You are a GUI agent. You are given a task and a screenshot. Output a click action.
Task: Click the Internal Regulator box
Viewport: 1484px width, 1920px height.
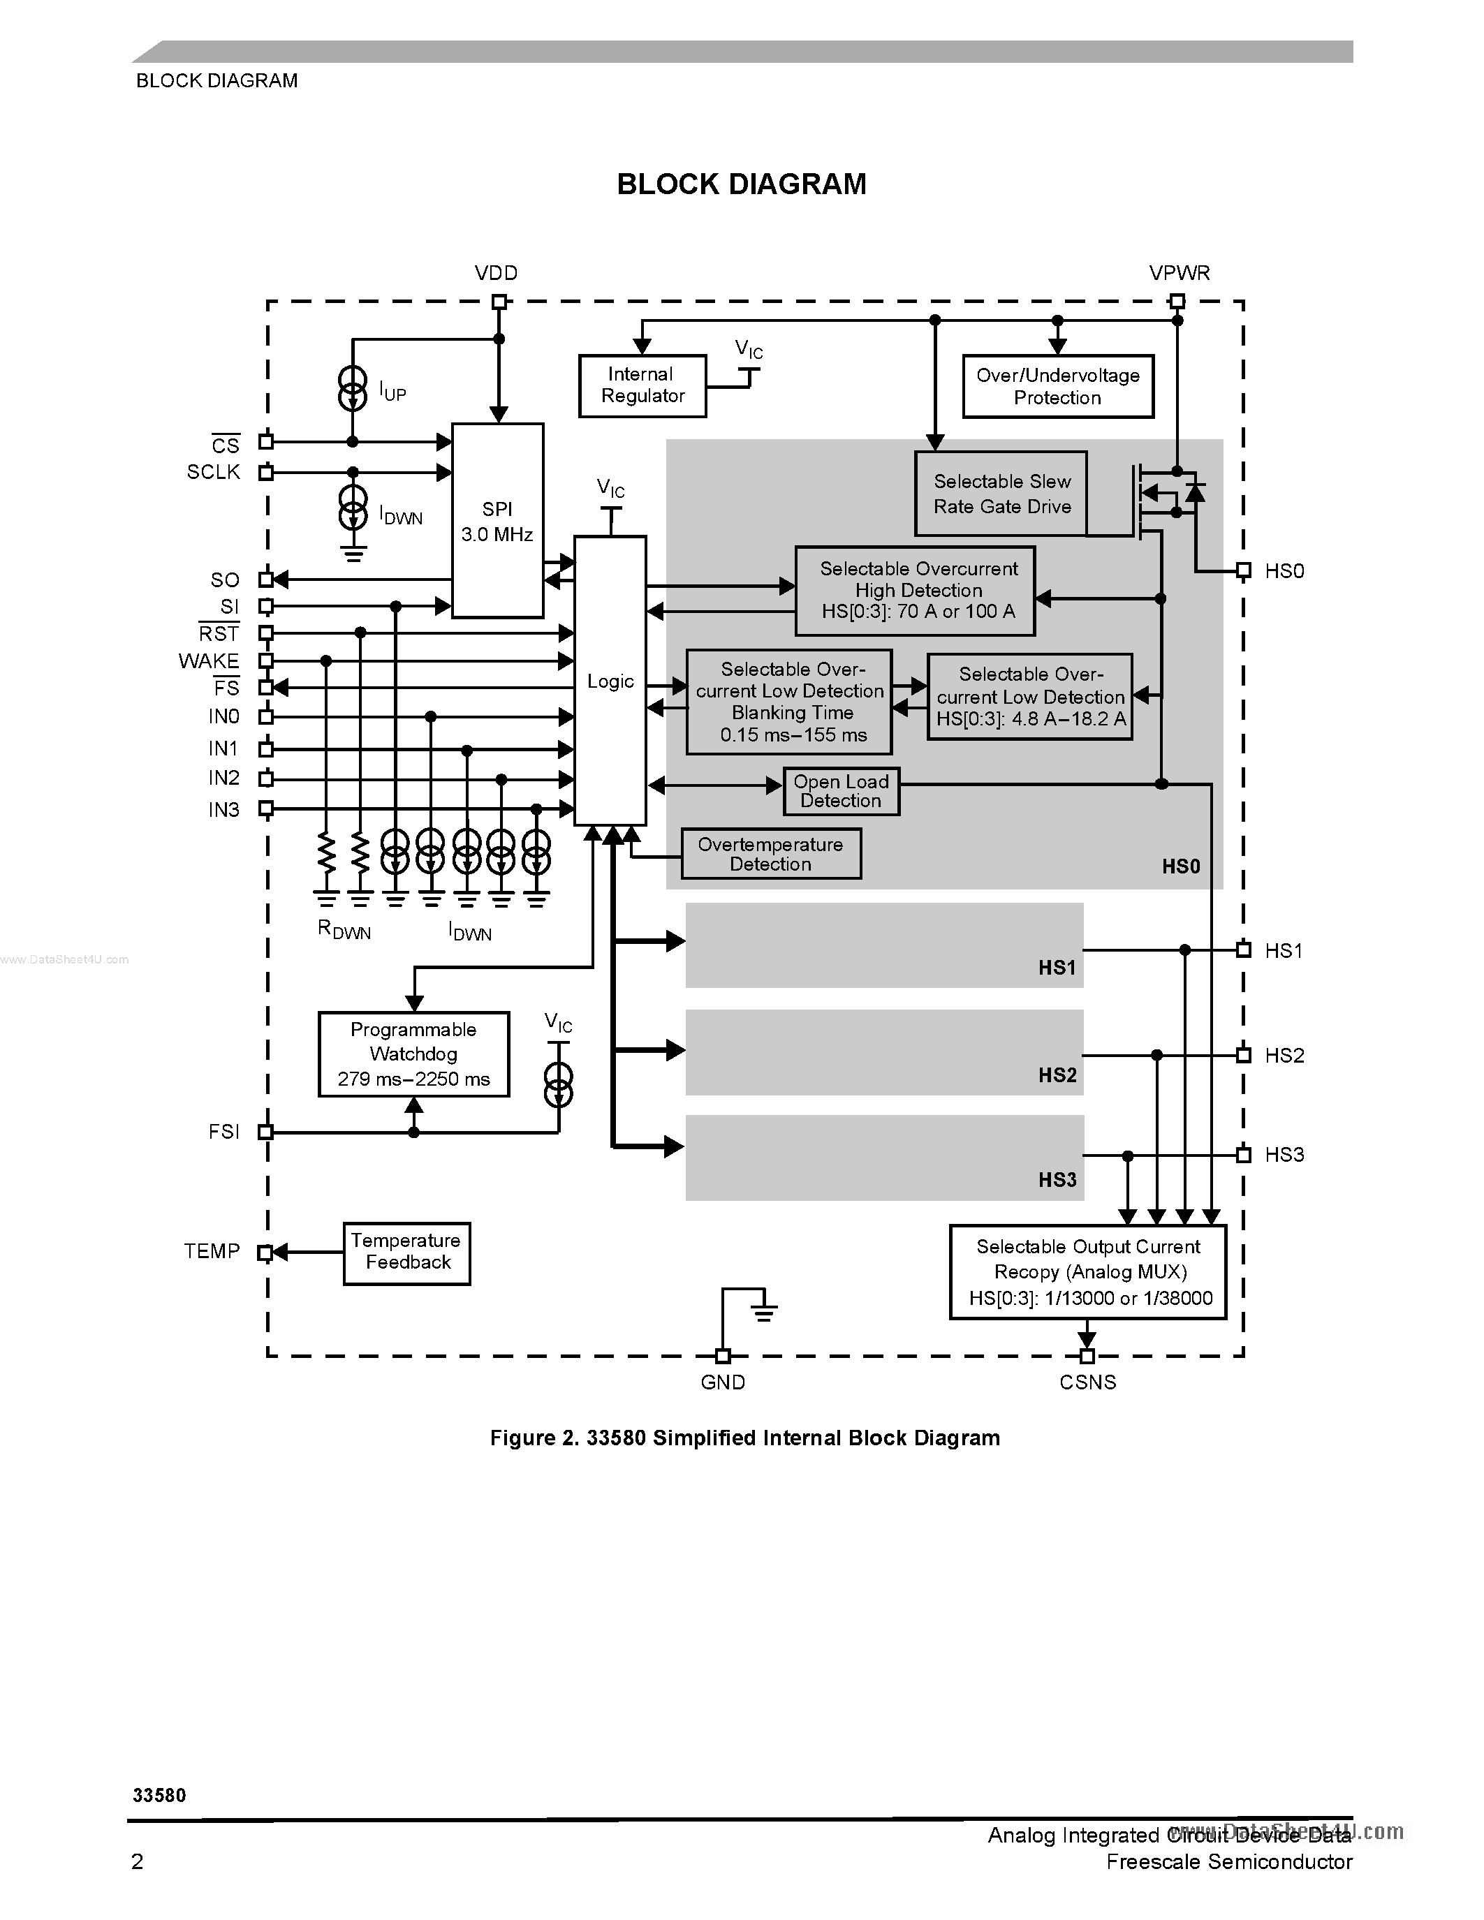642,386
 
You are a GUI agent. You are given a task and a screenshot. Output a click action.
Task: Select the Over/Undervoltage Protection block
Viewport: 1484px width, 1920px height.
1057,387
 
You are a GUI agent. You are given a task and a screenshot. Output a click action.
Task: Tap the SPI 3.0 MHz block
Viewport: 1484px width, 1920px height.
498,520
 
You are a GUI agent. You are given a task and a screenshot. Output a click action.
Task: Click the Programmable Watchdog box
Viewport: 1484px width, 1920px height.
413,1054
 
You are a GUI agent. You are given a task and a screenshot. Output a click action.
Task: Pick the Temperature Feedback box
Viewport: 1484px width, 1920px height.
406,1252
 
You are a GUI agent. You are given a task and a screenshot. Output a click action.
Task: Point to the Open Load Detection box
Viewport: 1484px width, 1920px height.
840,791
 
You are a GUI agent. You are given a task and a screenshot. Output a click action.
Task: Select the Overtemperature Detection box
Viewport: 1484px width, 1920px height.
771,854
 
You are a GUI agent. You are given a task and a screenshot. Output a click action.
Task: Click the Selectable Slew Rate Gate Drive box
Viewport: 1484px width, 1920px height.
1001,494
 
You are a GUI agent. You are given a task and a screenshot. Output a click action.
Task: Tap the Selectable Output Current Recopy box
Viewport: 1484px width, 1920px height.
1087,1272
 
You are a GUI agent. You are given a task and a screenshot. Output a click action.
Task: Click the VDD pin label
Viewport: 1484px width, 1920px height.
496,274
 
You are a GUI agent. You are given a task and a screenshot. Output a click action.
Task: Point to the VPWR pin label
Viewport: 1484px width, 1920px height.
1179,274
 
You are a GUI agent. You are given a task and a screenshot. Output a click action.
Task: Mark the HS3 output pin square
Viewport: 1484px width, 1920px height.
1243,1154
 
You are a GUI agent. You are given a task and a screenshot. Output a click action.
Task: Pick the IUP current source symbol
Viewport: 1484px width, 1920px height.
353,389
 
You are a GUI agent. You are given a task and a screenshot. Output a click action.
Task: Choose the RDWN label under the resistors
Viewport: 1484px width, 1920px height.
344,930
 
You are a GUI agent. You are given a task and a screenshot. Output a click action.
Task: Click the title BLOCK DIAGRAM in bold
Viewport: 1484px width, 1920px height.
741,184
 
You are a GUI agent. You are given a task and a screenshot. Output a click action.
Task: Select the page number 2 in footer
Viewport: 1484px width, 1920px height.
137,1861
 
